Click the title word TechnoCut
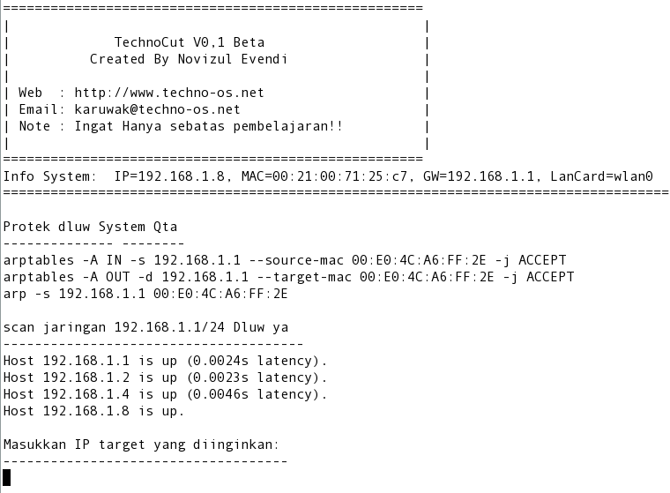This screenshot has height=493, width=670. point(150,42)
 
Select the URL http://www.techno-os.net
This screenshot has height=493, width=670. point(169,93)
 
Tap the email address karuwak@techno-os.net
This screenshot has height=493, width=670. point(157,109)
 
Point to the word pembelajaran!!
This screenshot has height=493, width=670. point(288,127)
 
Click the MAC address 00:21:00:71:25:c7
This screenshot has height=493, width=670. point(339,176)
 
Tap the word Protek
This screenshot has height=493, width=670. point(26,227)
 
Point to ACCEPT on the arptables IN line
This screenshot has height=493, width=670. point(542,260)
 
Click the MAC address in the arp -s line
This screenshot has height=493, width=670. point(220,294)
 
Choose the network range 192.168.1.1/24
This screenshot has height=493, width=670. point(169,327)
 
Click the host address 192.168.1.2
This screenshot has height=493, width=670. point(86,377)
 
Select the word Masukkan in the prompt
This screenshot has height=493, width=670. point(34,444)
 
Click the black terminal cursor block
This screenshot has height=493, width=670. point(6,478)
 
